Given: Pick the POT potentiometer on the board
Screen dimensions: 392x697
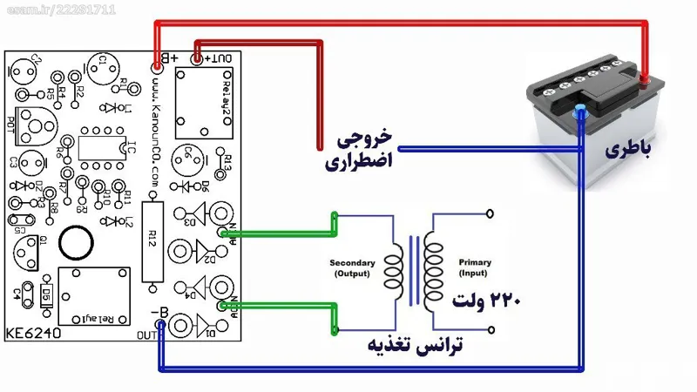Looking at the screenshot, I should (x=35, y=126).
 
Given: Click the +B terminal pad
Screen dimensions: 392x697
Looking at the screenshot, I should (x=157, y=65).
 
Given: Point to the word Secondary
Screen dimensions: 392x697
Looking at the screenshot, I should (x=352, y=262).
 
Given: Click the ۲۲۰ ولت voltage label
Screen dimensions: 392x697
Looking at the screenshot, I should (x=485, y=301).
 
